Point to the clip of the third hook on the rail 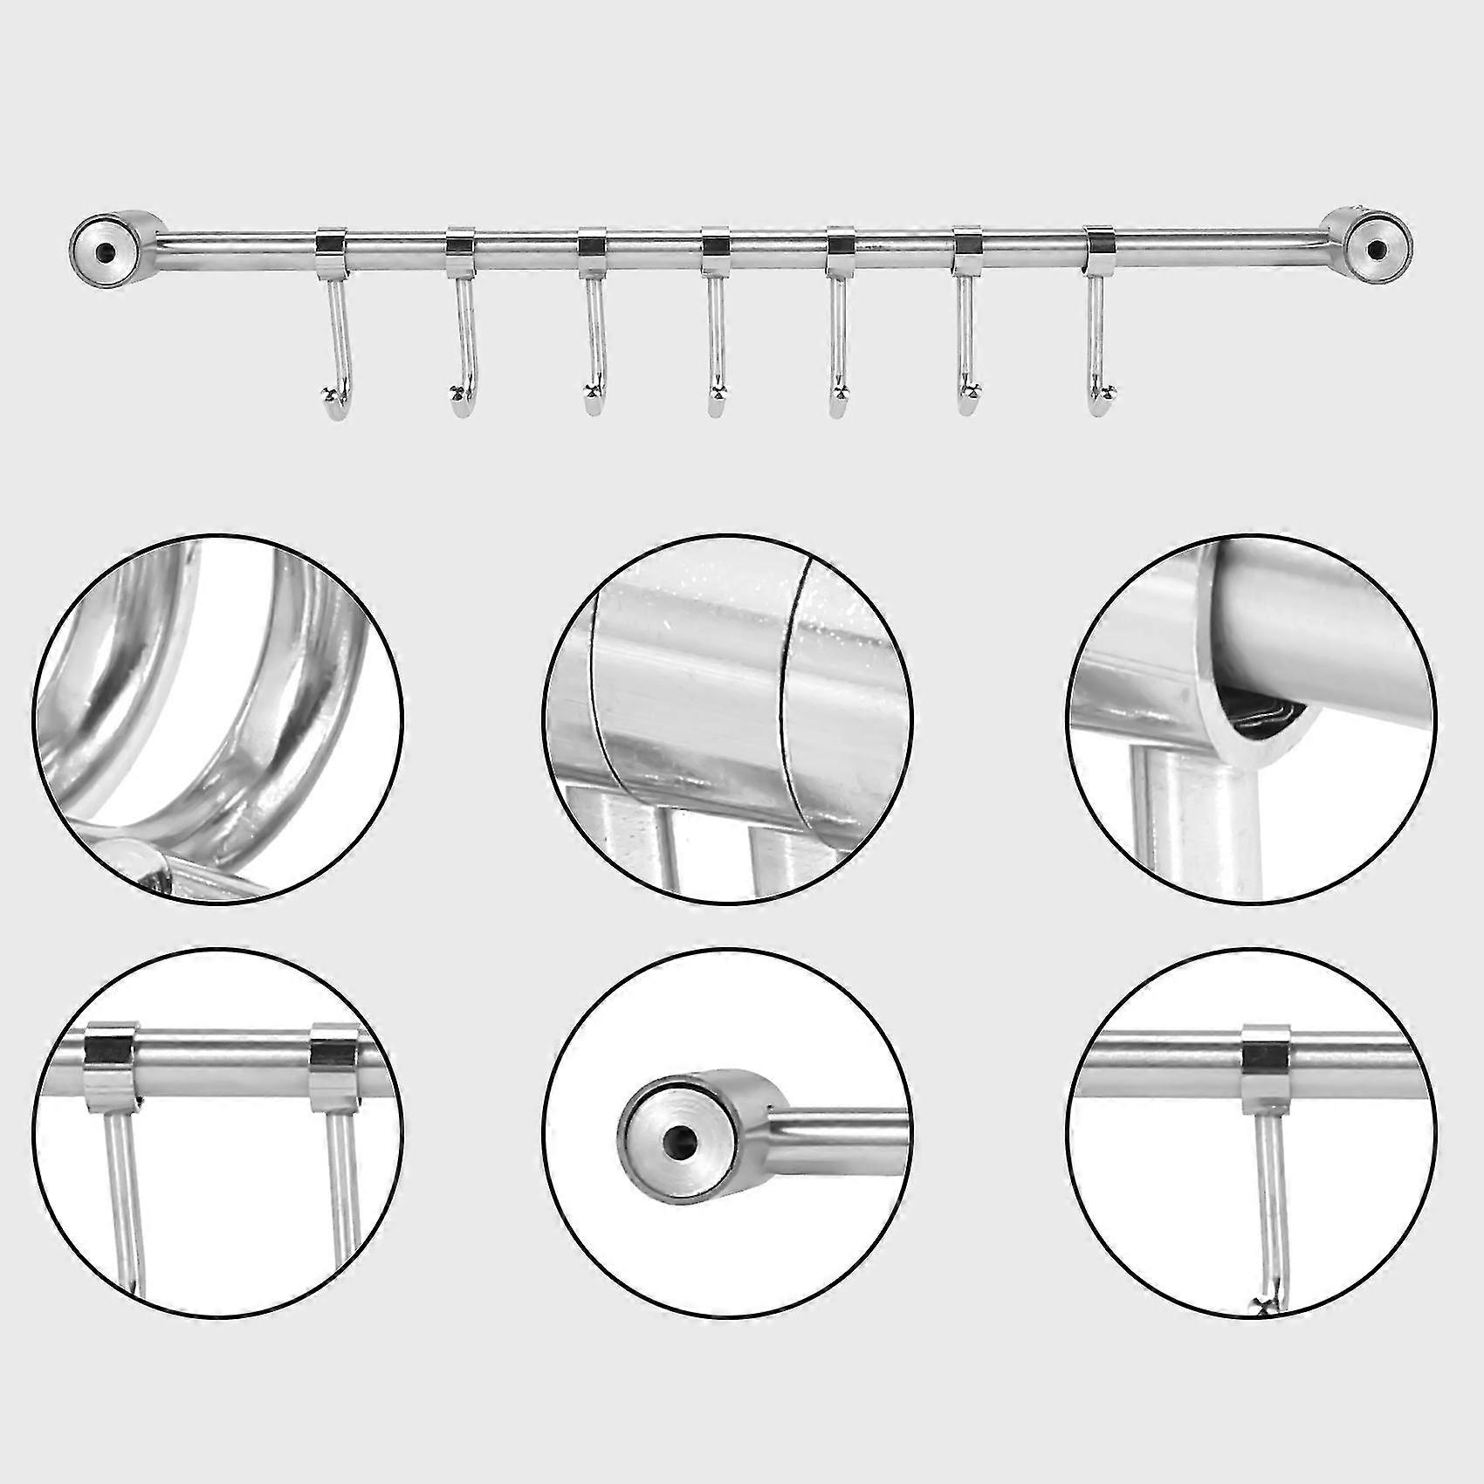pos(592,243)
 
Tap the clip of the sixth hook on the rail pos(967,243)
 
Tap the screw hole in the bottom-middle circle pos(676,1139)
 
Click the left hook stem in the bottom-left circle pos(122,1196)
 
